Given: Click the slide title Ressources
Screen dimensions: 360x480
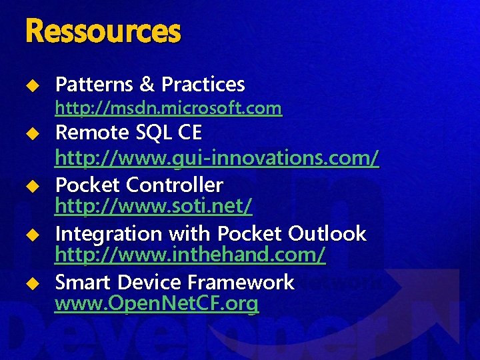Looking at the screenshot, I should pyautogui.click(x=103, y=31).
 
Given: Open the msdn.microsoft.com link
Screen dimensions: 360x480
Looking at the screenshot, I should pyautogui.click(x=168, y=107).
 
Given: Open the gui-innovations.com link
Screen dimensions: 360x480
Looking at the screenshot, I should pyautogui.click(x=217, y=158).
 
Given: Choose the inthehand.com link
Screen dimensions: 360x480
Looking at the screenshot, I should pyautogui.click(x=190, y=255).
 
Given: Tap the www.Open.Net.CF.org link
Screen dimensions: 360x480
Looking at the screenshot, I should pyautogui.click(x=157, y=305).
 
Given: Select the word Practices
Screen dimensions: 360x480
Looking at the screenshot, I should pyautogui.click(x=203, y=85).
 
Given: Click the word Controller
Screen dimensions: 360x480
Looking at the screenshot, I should pyautogui.click(x=175, y=183).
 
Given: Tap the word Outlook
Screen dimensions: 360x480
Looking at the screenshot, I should pyautogui.click(x=327, y=234).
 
